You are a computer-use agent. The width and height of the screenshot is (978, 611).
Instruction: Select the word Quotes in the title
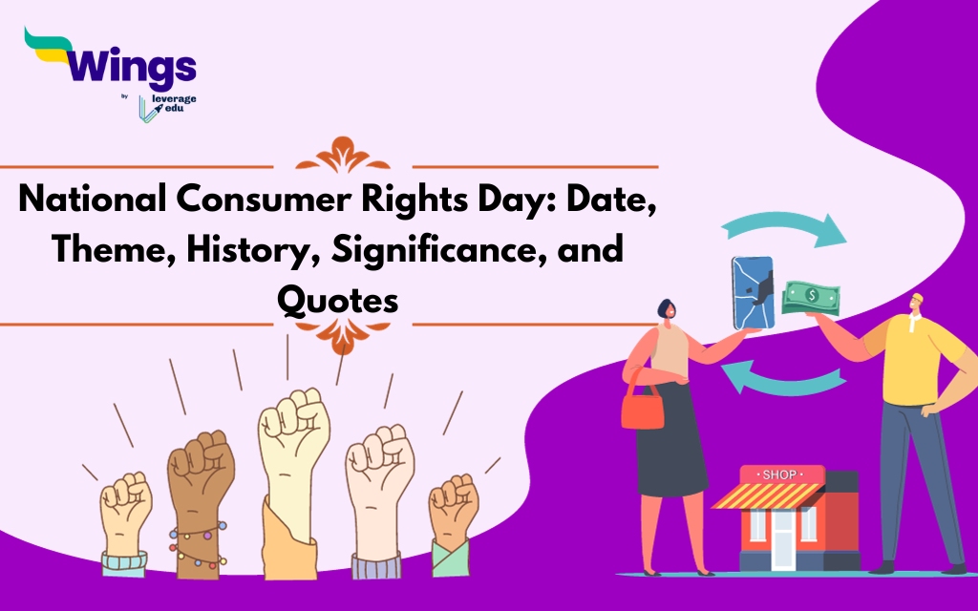tap(336, 301)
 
